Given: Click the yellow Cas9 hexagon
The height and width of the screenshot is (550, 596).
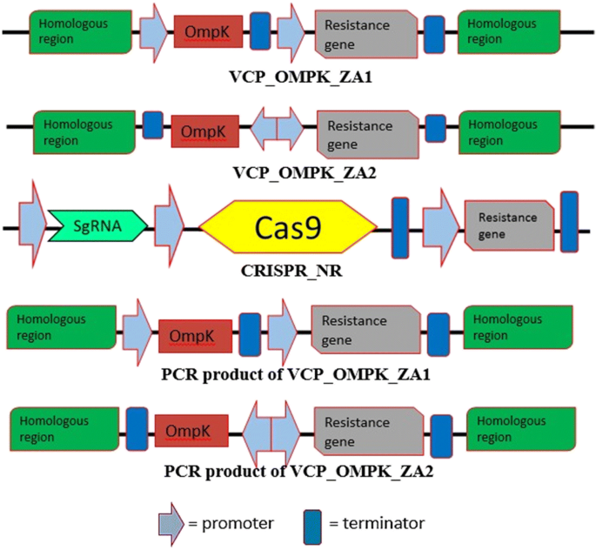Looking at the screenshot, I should click(x=288, y=228).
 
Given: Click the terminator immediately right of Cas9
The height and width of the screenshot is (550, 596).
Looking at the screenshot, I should click(x=400, y=228).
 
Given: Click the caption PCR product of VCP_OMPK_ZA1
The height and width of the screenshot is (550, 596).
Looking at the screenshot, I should click(x=297, y=374).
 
